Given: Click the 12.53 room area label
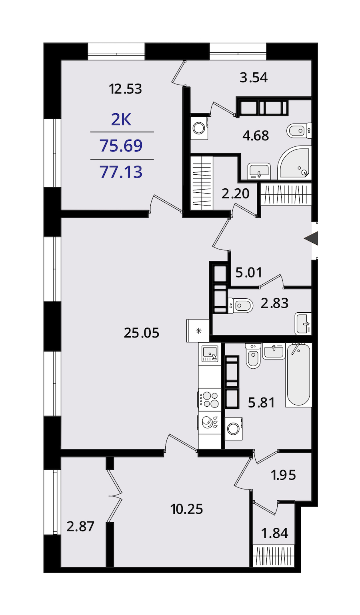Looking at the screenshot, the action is [x=125, y=89].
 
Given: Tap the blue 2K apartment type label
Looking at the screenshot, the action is [x=121, y=120].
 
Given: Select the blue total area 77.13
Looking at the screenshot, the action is [x=121, y=172].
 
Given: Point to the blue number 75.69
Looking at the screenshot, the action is [x=121, y=146].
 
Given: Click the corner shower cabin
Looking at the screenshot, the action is [x=294, y=163].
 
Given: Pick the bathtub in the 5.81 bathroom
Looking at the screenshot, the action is [x=298, y=375].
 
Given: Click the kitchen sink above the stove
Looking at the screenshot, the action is [x=210, y=353].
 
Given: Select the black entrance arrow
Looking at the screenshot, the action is [x=311, y=238].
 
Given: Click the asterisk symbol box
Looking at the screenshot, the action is [x=198, y=331].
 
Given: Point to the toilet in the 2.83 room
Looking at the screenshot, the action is [x=240, y=306].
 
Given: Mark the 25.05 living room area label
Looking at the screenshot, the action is [x=142, y=333].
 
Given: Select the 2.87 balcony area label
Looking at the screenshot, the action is [x=80, y=526].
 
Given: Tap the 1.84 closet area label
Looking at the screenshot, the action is [x=274, y=533].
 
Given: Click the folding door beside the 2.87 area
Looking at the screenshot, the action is [x=114, y=496].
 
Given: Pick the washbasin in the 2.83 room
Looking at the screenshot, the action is [x=303, y=324].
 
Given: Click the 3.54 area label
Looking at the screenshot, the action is [x=254, y=78].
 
